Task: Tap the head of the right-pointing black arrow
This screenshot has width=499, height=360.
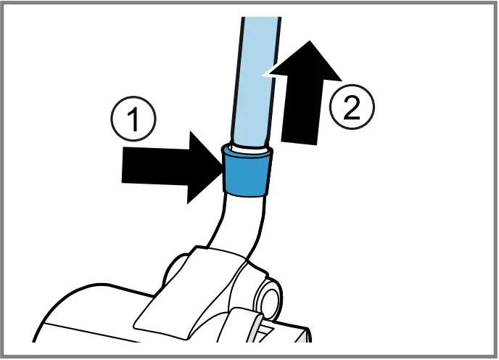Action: coord(199,166)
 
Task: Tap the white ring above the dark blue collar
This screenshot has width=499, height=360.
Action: coord(247,147)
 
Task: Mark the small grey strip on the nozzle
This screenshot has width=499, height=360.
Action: coord(257,326)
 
